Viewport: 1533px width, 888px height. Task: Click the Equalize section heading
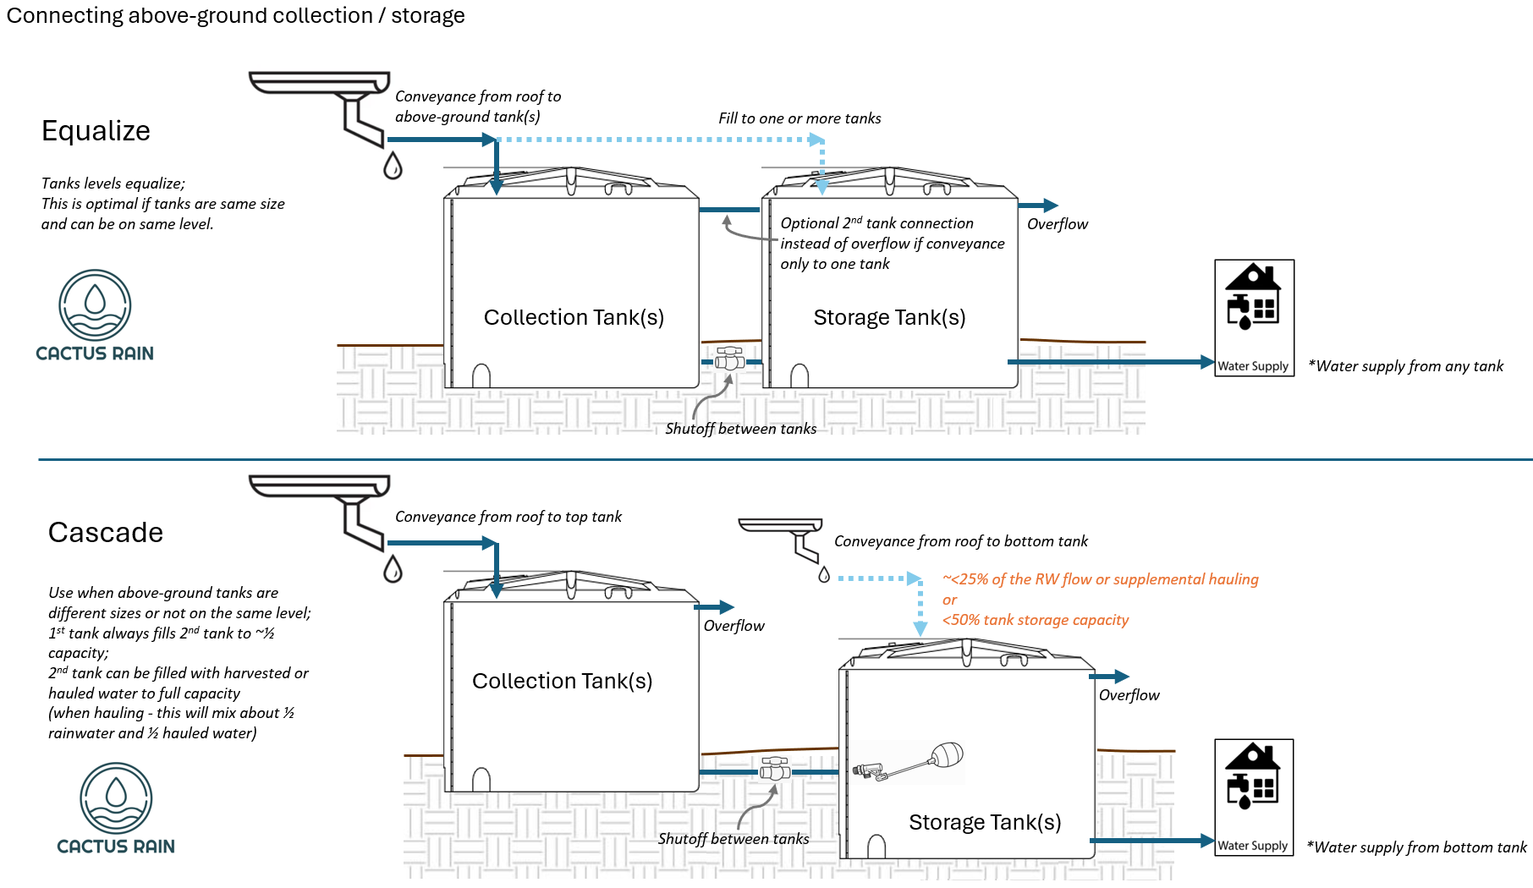(96, 131)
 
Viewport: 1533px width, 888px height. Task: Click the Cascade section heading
(106, 533)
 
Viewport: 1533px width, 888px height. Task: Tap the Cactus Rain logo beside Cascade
(116, 809)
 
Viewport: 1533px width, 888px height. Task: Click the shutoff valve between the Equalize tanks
(729, 359)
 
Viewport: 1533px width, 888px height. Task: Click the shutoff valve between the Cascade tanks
(774, 770)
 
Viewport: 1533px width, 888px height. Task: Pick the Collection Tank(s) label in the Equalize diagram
(574, 317)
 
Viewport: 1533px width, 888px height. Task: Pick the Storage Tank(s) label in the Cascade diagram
(985, 822)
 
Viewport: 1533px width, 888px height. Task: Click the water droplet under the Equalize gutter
(393, 166)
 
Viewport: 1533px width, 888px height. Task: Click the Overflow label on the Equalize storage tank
(1057, 224)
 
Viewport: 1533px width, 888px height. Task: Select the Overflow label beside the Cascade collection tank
(734, 626)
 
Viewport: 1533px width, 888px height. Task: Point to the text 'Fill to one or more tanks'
(799, 118)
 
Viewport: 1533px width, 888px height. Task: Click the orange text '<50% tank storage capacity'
(1036, 620)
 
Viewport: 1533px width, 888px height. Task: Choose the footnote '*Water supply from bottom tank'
(1416, 847)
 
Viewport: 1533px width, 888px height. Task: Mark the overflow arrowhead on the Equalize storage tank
(1051, 206)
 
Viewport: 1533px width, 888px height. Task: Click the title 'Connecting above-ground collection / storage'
(235, 15)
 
